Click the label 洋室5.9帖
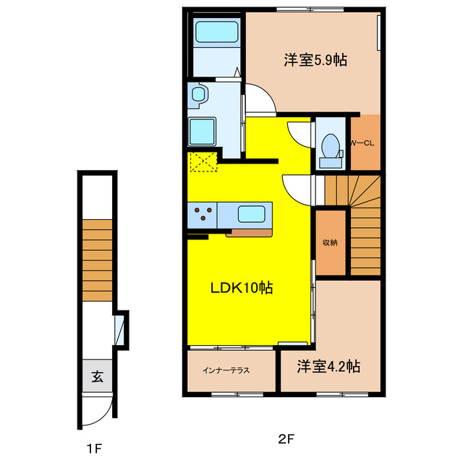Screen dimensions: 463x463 315,60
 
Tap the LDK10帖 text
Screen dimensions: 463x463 241,288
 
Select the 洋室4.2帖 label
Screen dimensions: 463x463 329,367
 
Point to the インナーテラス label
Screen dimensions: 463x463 226,370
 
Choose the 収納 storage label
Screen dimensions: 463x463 329,242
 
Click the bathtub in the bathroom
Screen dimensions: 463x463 217,33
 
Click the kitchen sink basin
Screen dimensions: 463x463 252,214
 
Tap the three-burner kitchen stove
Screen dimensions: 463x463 203,214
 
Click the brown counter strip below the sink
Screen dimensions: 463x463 250,234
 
